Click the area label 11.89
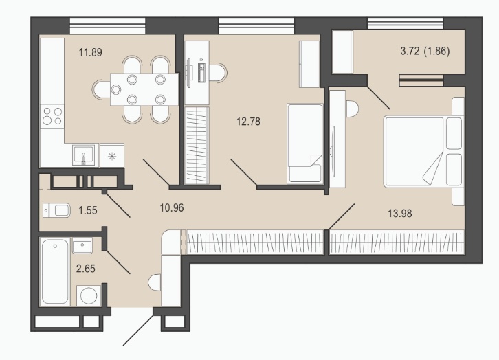tap(91, 52)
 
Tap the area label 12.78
tap(249, 121)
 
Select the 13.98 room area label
tap(400, 214)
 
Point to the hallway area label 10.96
tap(172, 207)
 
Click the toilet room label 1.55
tap(88, 210)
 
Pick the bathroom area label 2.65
tap(86, 269)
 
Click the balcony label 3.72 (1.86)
tap(425, 51)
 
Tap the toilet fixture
tap(56, 210)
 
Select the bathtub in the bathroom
tap(56, 271)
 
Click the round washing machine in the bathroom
tap(89, 295)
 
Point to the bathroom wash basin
tap(82, 245)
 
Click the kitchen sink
tap(83, 155)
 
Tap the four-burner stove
tap(52, 116)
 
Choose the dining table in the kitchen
tap(144, 89)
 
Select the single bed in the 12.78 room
tap(305, 144)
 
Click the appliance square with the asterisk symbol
tap(112, 155)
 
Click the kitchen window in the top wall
tap(107, 25)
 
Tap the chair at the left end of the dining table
tap(102, 89)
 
